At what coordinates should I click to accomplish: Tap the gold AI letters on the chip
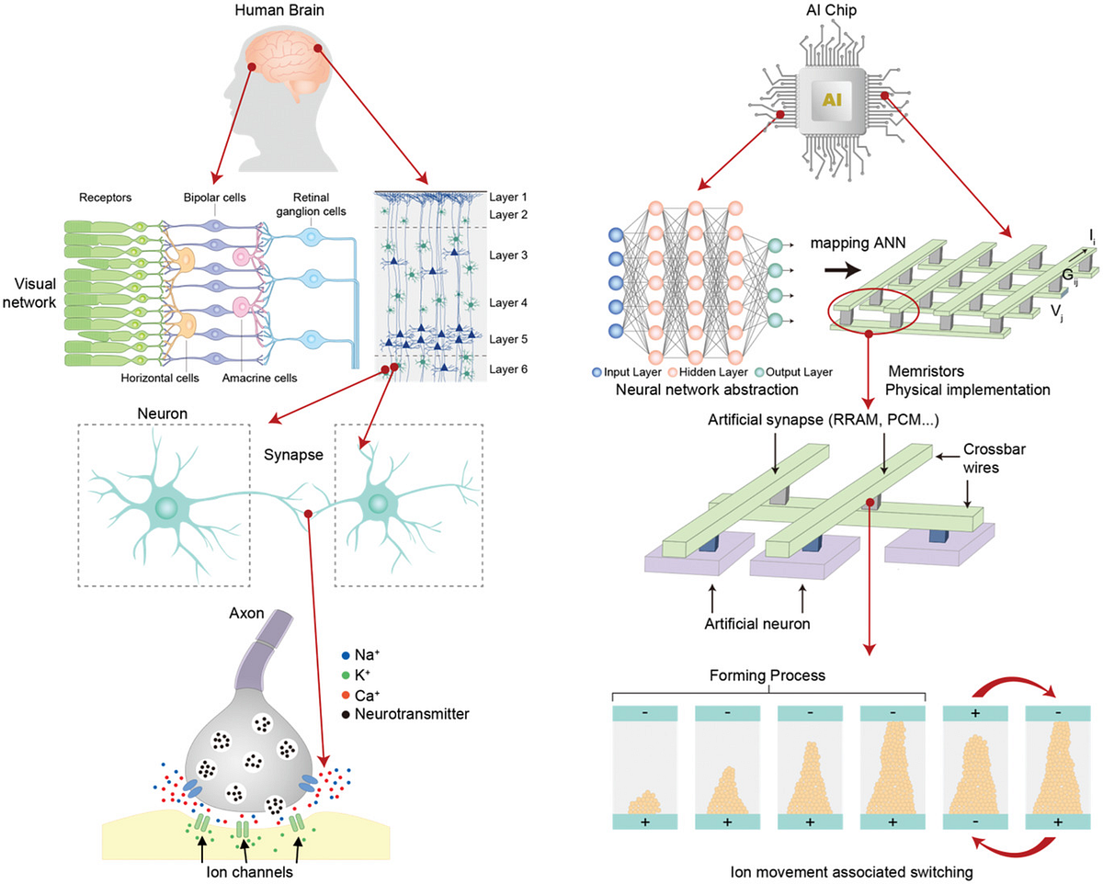(x=832, y=99)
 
